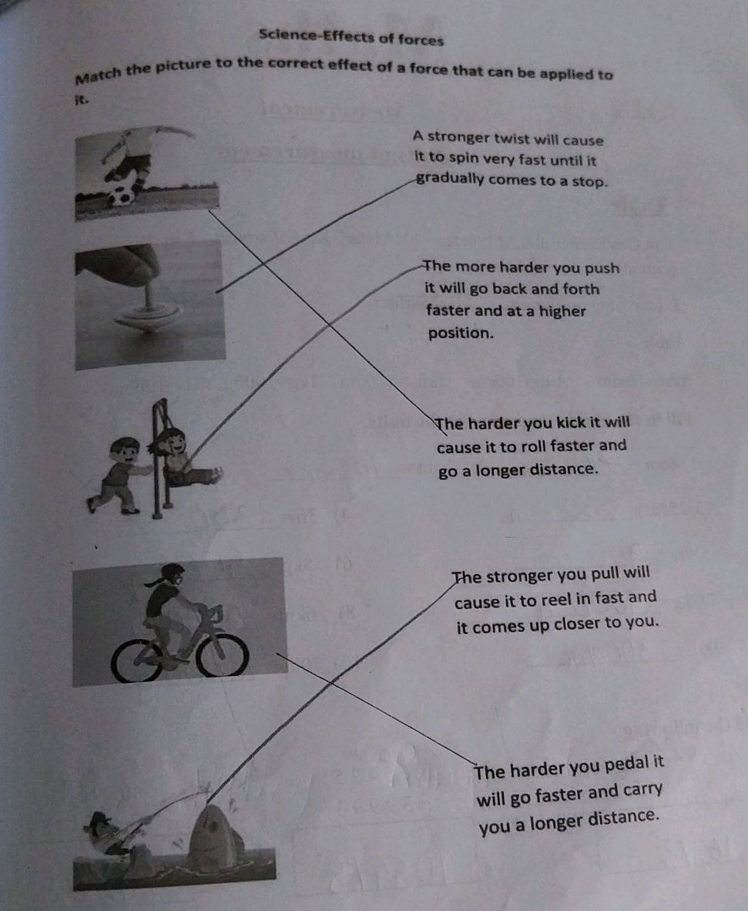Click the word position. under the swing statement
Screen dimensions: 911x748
pos(460,334)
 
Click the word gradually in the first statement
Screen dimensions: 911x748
pos(449,180)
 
